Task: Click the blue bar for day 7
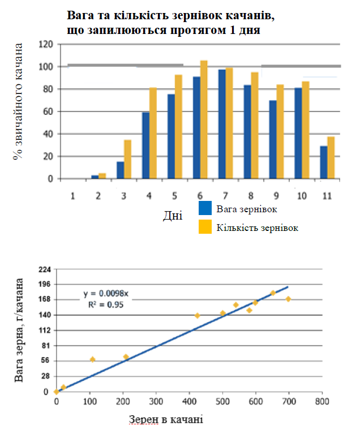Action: pos(222,124)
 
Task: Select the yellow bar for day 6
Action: pos(204,119)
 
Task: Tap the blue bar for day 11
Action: pos(323,162)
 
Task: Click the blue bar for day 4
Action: pos(145,145)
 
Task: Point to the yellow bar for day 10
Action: pos(306,130)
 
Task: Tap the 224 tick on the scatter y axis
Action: pos(44,269)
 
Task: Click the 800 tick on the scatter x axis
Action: pos(322,401)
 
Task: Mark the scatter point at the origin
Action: pos(56,392)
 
